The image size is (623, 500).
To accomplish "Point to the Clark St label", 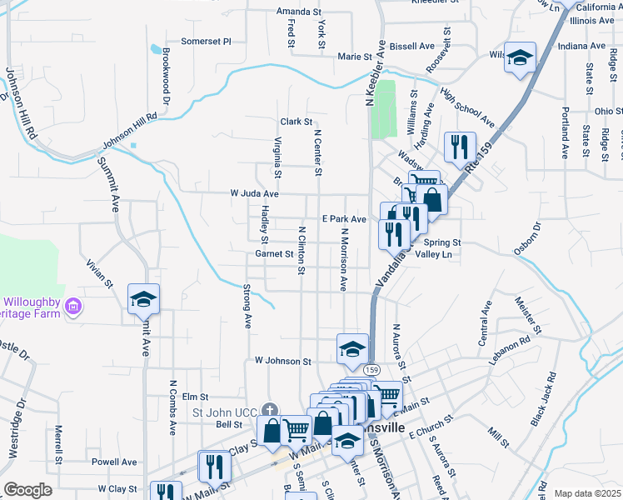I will click(296, 122).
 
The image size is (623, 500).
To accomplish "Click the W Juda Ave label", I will click(254, 193).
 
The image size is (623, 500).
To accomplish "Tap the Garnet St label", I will click(275, 253).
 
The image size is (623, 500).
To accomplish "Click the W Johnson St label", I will click(282, 362).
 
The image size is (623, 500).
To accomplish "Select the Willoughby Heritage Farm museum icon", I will click(74, 307).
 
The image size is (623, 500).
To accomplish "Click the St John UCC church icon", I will click(268, 410).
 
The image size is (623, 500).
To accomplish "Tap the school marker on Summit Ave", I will click(143, 298).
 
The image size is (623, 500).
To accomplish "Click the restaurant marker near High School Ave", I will click(460, 147).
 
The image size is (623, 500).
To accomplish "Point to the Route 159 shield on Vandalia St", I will click(371, 369).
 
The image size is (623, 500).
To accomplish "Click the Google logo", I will click(27, 490).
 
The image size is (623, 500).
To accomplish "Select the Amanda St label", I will click(299, 12).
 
